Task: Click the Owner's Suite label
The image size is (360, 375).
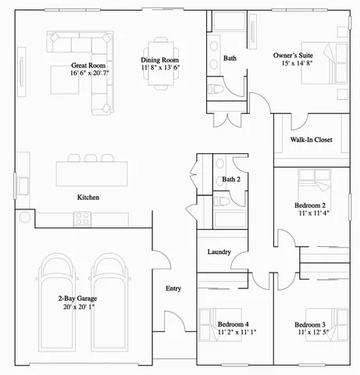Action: (294, 56)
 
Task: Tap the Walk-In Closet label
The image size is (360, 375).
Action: (310, 140)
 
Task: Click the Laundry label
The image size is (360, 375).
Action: (218, 252)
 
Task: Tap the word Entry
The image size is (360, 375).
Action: (173, 288)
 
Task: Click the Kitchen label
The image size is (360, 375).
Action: (87, 198)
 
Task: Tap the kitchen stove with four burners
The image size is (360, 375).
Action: (84, 219)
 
